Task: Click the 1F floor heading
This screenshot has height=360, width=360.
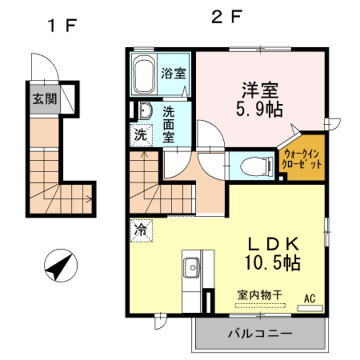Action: coord(61,24)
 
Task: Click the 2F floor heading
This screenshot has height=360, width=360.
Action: coord(226,18)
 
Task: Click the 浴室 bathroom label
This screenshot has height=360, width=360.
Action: coord(173,74)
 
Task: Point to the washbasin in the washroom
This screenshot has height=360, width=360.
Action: coord(146,111)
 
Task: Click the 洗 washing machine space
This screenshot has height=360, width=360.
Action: coord(141,134)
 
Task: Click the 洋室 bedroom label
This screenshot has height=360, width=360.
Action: coord(260,91)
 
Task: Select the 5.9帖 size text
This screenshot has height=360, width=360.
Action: coord(260,109)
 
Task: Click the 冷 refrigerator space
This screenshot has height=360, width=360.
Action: coord(142,230)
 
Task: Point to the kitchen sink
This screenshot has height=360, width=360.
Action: coord(191,268)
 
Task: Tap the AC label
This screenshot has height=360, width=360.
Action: coord(310,299)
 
